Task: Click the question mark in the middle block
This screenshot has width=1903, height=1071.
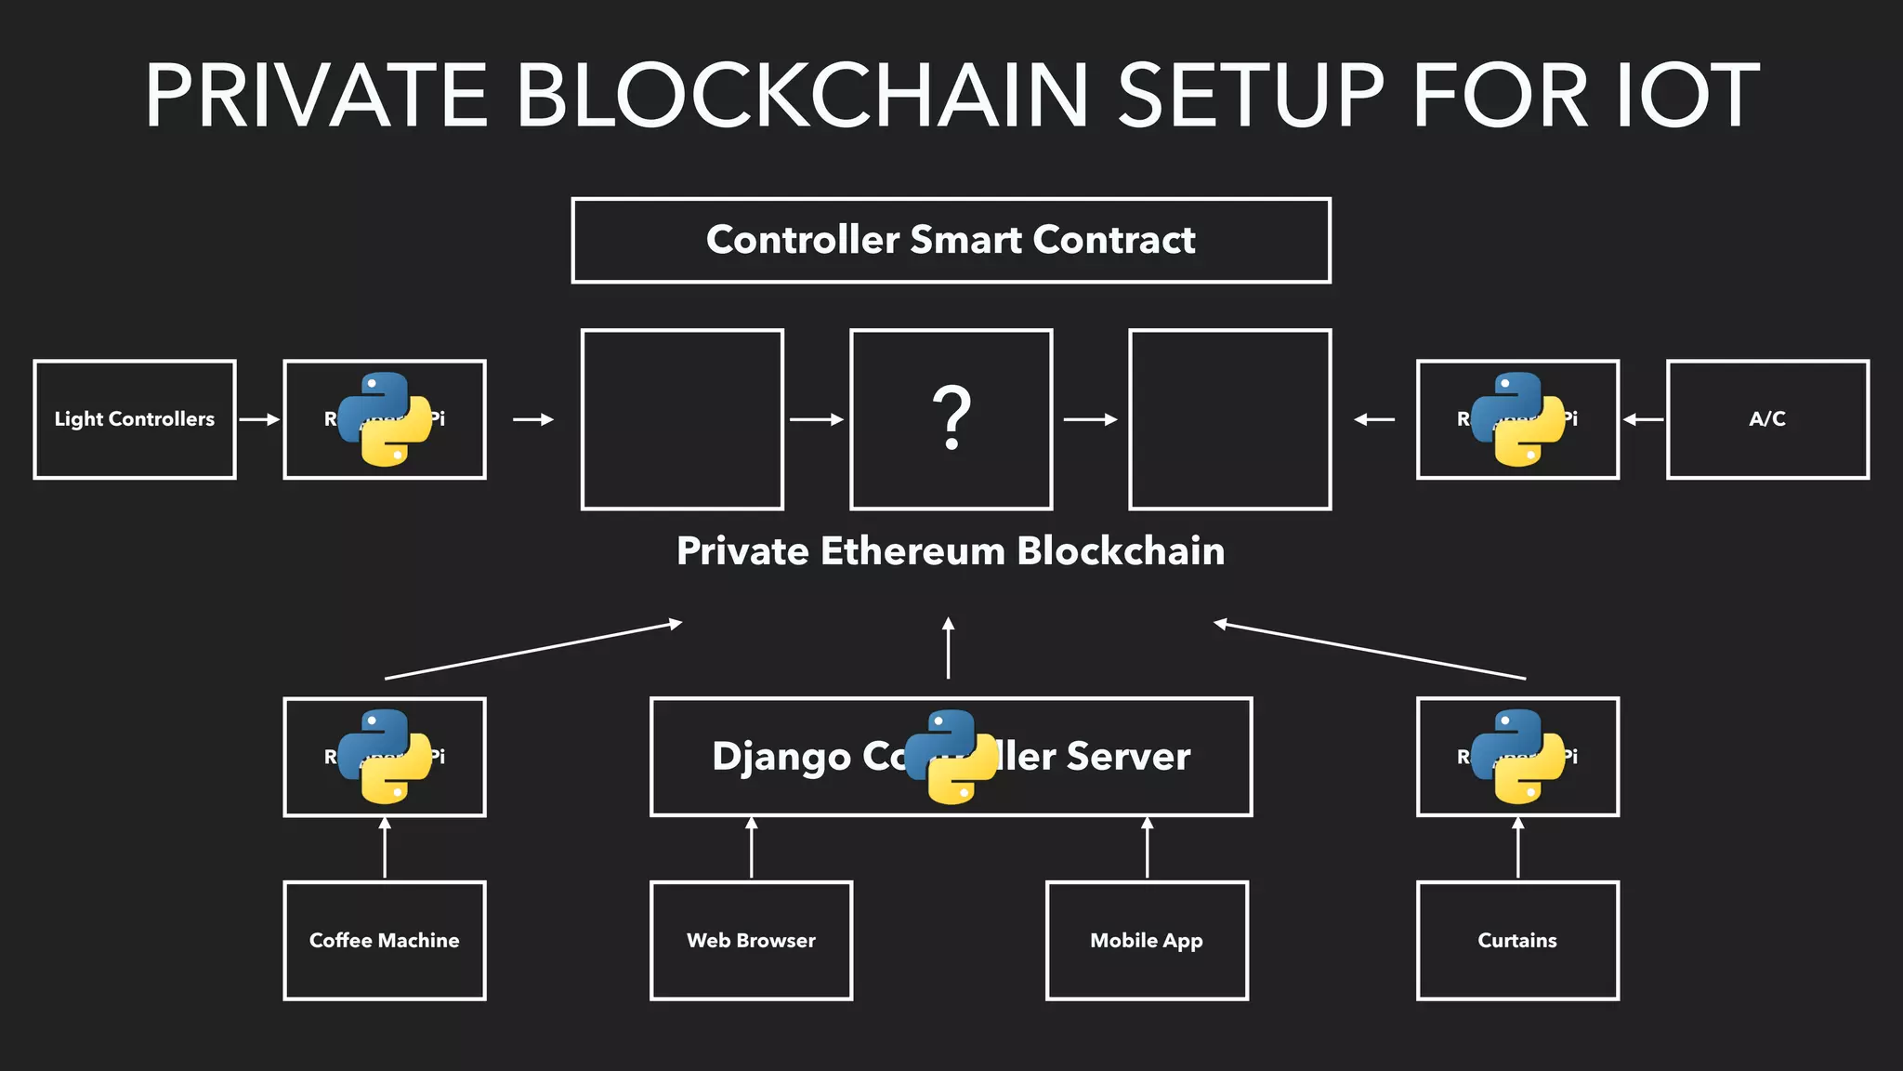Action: (951, 418)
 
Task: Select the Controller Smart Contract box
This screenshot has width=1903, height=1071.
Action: (951, 240)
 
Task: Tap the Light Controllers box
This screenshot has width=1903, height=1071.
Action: (135, 419)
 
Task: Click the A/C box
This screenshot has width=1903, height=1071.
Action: (1767, 419)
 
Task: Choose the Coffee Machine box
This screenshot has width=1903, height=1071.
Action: (385, 941)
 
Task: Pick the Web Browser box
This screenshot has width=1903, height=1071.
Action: (751, 941)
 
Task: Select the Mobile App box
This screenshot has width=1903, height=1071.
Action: (1147, 941)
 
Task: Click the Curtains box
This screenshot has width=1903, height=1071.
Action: (1517, 941)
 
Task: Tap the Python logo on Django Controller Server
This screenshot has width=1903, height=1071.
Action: (951, 756)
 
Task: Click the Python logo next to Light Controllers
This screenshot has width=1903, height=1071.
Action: (385, 419)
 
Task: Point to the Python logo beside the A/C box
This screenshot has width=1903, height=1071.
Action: (1517, 419)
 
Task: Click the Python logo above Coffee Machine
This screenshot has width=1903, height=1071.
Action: (385, 756)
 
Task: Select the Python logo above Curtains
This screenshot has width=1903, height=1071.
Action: (1517, 756)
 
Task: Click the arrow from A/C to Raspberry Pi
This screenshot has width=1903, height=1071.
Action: (1643, 419)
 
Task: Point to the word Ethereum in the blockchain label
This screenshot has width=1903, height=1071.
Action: (912, 551)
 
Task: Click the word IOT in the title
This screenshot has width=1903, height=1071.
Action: (1687, 96)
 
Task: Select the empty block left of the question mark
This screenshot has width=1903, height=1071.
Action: (682, 419)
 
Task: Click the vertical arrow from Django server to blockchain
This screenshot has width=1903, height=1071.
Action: (948, 648)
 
